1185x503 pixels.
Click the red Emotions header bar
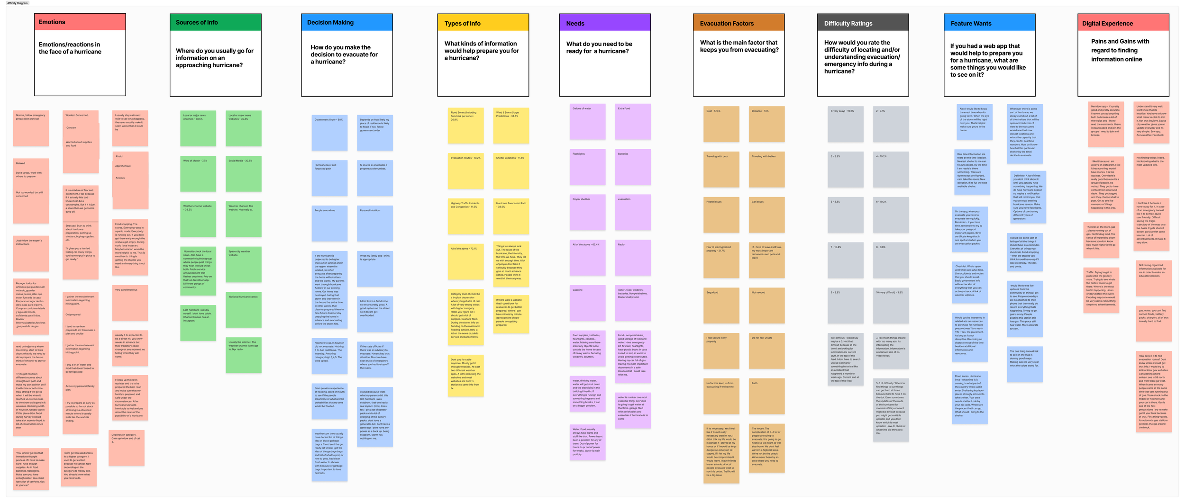tap(80, 22)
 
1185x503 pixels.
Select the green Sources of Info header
tap(215, 22)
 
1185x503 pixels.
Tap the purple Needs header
tap(604, 23)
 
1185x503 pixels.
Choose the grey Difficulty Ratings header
tap(863, 23)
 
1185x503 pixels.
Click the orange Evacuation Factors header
tap(738, 23)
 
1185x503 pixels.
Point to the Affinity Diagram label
tap(18, 3)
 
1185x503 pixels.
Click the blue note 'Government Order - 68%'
tap(329, 132)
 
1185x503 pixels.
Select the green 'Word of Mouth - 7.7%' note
tap(198, 173)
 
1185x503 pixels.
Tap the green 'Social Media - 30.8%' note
tap(243, 173)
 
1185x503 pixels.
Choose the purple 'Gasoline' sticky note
tap(587, 303)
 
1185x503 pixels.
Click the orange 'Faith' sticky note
tap(766, 396)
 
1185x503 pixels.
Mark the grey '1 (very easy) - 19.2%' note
tap(845, 124)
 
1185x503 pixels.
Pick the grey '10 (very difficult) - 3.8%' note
tap(891, 305)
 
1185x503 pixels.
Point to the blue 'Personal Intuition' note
tap(374, 223)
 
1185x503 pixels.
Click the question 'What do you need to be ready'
tap(599, 47)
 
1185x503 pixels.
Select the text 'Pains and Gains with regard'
tap(1120, 50)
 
